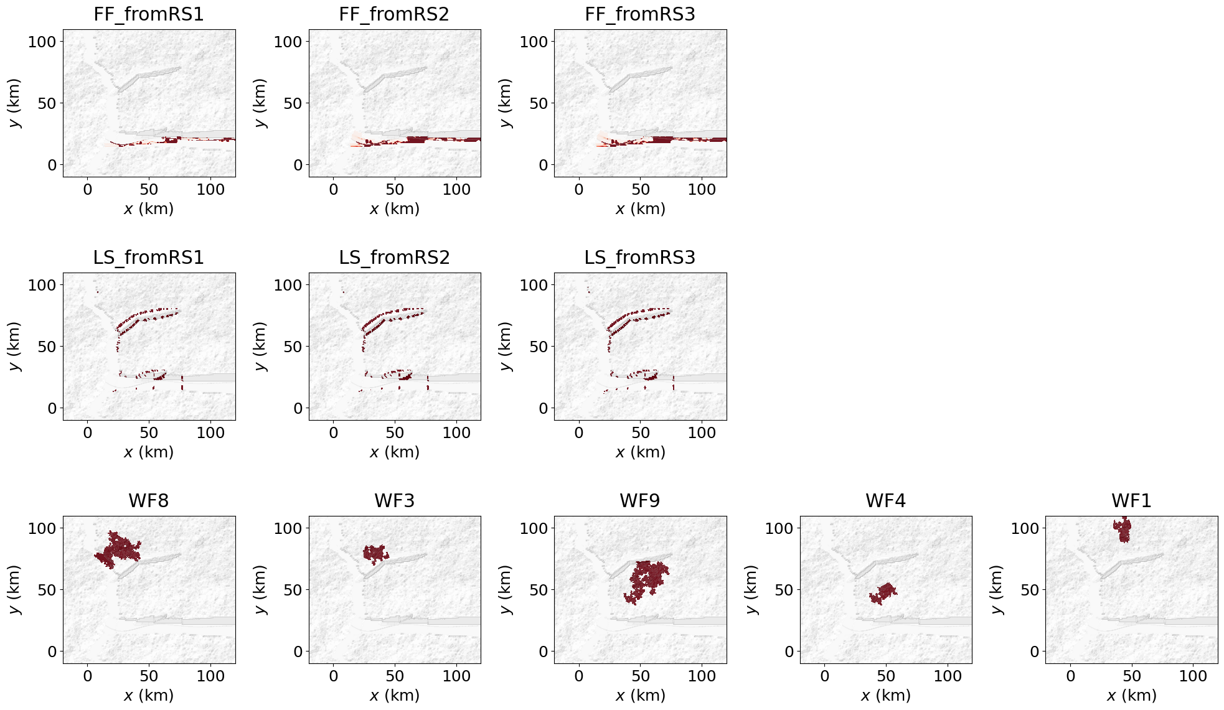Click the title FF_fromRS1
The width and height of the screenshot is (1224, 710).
point(149,14)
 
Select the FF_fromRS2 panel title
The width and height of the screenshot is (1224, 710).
point(394,14)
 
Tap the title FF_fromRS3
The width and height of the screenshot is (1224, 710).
point(640,14)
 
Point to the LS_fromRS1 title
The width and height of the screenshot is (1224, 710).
point(149,258)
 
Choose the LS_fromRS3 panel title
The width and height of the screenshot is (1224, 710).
point(640,258)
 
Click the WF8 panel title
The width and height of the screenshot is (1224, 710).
point(149,501)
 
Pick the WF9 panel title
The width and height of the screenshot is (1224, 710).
point(640,501)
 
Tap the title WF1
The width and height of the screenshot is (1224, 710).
point(1131,501)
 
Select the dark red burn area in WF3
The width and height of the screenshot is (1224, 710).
point(375,553)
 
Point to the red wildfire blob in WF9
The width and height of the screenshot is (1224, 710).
point(647,579)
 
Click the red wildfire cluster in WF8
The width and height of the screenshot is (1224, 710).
point(118,549)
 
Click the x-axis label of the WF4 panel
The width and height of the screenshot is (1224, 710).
point(885,695)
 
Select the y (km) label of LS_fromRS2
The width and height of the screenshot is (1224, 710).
point(260,346)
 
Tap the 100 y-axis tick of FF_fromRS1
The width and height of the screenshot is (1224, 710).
point(42,42)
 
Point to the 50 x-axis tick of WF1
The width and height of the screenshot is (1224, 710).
point(1131,676)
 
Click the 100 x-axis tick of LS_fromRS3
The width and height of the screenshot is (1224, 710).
point(702,433)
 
